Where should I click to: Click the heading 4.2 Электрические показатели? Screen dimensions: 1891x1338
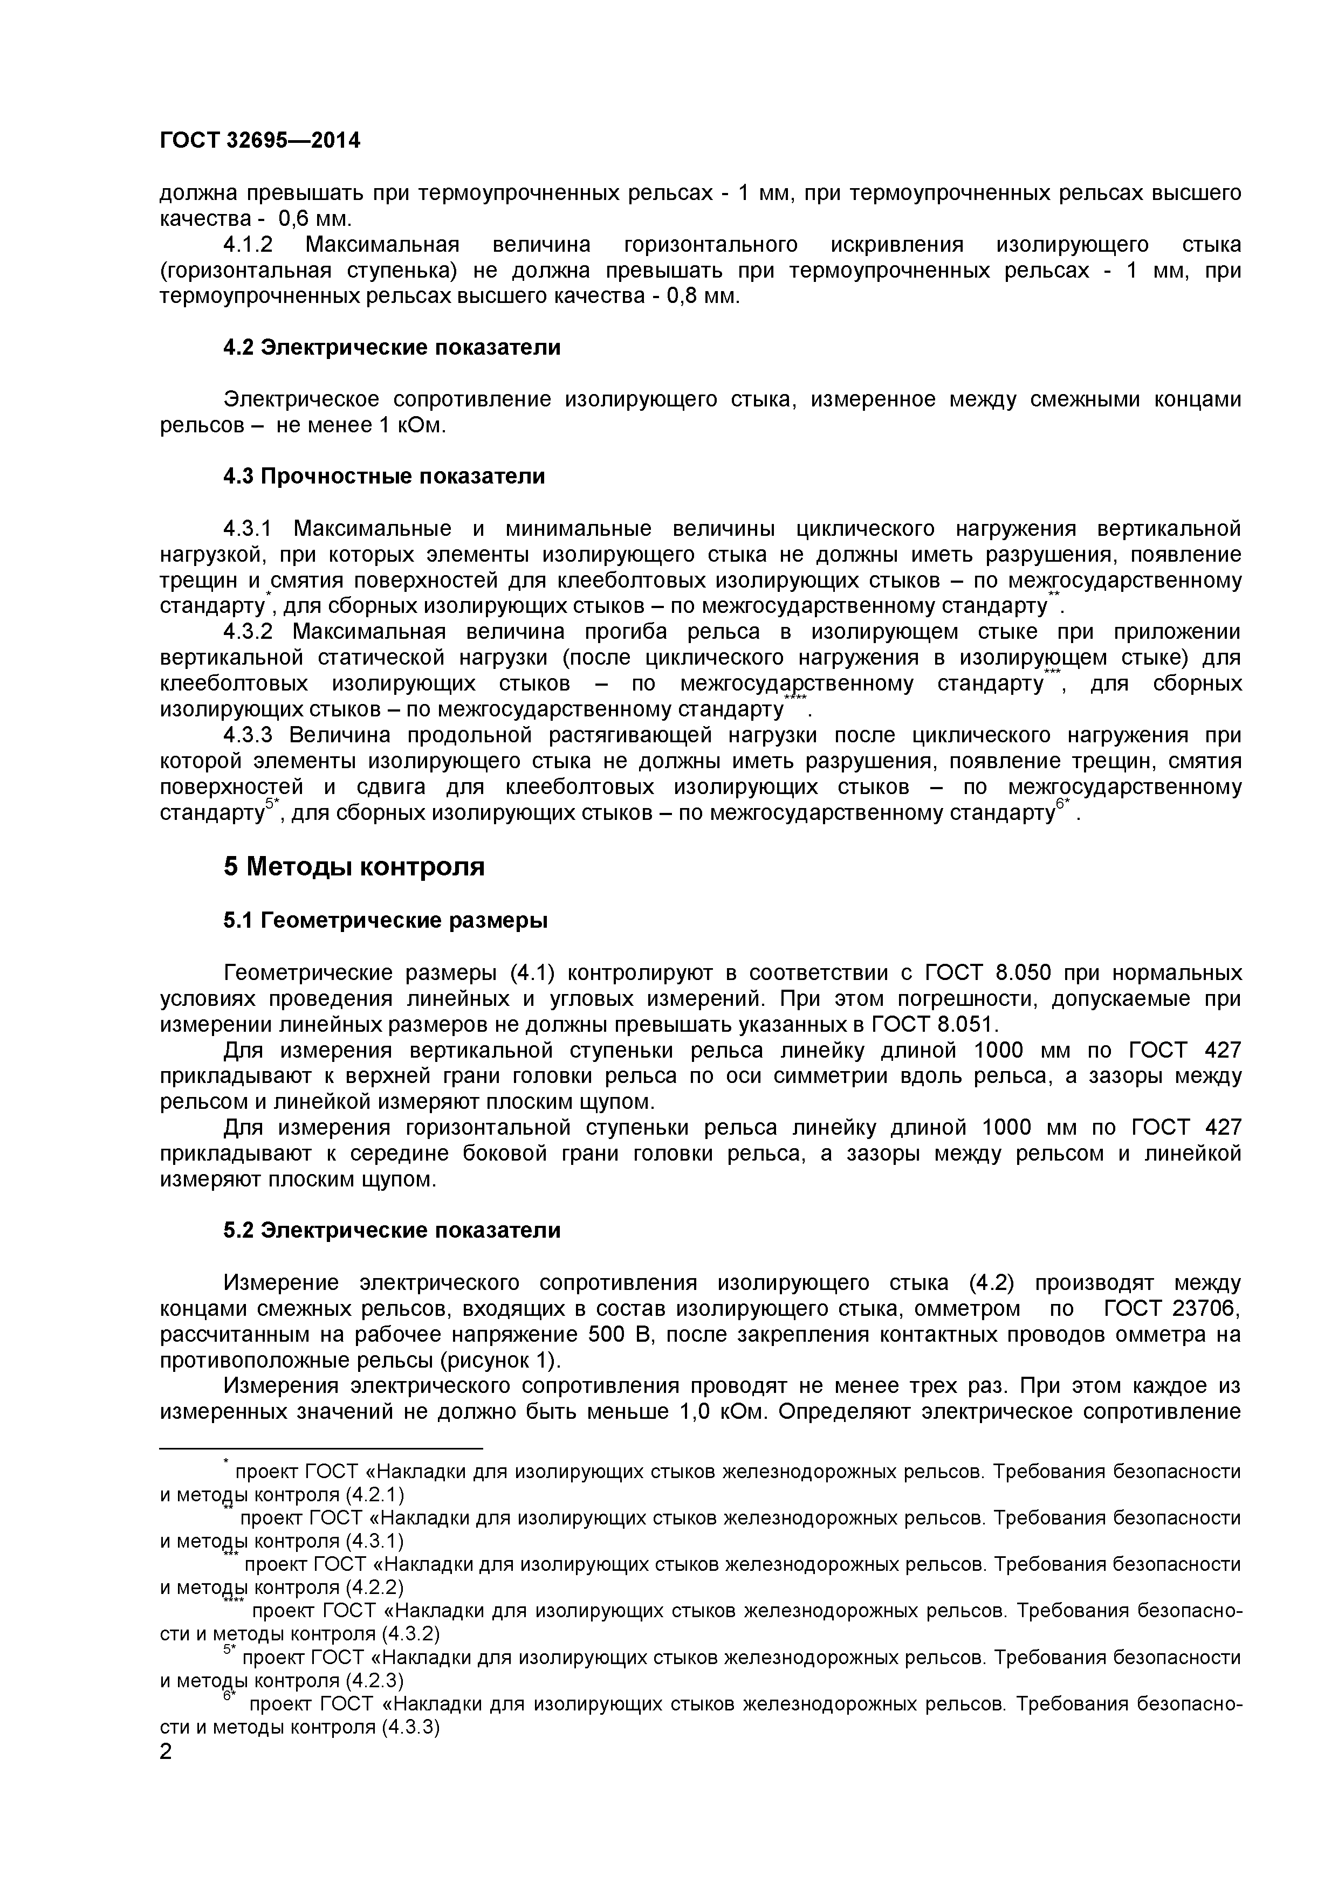click(x=392, y=348)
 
